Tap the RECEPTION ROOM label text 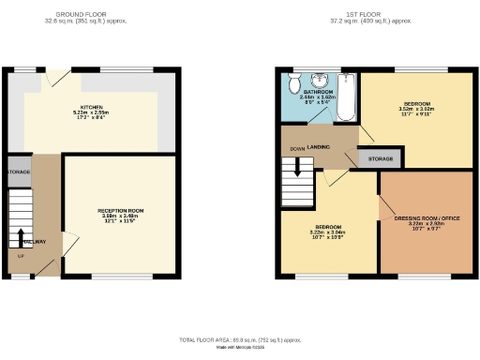[121, 210]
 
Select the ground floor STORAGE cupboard [19, 172]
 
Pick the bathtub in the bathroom [346, 96]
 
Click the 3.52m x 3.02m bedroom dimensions [417, 108]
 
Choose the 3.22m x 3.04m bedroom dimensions [329, 233]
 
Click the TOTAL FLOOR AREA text [239, 338]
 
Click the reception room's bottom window [121, 277]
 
